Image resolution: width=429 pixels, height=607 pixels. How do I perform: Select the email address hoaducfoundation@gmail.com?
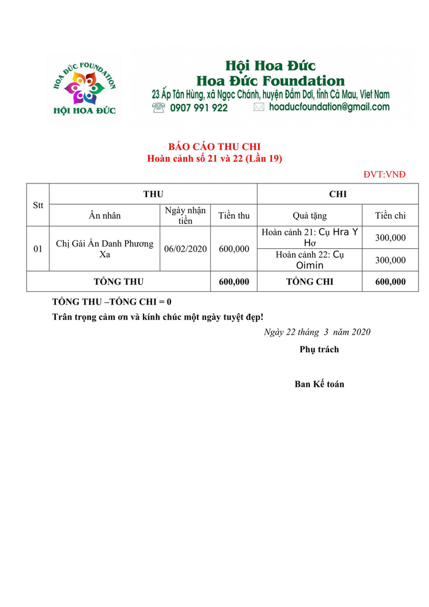(329, 107)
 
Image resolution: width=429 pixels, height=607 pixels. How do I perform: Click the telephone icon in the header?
(159, 108)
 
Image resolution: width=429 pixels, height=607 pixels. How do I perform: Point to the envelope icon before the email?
(259, 108)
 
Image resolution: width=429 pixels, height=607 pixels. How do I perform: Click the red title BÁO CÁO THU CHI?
(214, 147)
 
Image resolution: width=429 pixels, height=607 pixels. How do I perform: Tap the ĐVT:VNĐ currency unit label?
(384, 175)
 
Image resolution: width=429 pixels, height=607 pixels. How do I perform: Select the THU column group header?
(153, 194)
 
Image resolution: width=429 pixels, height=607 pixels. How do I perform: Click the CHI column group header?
(338, 194)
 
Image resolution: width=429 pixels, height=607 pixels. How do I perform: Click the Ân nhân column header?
(105, 215)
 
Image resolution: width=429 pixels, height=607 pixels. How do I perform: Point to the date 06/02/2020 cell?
(186, 249)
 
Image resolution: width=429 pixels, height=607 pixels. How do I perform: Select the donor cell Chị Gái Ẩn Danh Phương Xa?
(105, 249)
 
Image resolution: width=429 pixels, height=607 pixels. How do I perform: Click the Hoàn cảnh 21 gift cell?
(310, 237)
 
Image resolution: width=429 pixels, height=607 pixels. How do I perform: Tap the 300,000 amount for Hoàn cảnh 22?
(390, 260)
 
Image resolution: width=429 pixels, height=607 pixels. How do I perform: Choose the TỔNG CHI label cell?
(310, 282)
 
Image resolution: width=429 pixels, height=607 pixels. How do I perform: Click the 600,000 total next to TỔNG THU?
(234, 282)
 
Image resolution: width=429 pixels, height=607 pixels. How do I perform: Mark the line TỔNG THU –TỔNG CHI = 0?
(112, 302)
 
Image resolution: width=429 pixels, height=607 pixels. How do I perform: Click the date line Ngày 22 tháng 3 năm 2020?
(317, 332)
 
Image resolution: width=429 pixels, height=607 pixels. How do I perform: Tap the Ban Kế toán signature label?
(319, 385)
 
